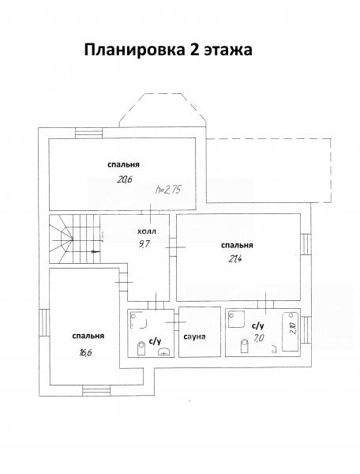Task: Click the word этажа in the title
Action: pyautogui.click(x=228, y=51)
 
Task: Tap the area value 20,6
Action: pyautogui.click(x=125, y=180)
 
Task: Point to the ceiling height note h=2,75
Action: pyautogui.click(x=168, y=190)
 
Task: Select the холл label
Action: pyautogui.click(x=147, y=231)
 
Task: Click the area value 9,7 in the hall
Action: pyautogui.click(x=144, y=243)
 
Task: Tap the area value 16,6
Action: pyautogui.click(x=85, y=352)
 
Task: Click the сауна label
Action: pyautogui.click(x=194, y=337)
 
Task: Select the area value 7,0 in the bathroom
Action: pyautogui.click(x=259, y=337)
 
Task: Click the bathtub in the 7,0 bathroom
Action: pyautogui.click(x=291, y=332)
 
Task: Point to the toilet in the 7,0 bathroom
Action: pyautogui.click(x=244, y=346)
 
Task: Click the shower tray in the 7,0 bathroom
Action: pyautogui.click(x=237, y=320)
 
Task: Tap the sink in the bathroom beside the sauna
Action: pyautogui.click(x=165, y=352)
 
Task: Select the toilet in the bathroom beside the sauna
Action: pyautogui.click(x=141, y=348)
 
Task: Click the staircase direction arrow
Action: pyautogui.click(x=96, y=251)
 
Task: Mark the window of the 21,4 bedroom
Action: pyautogui.click(x=306, y=244)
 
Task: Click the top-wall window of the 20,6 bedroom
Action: pyautogui.click(x=88, y=133)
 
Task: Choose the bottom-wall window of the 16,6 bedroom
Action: pyautogui.click(x=96, y=390)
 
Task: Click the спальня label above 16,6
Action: pyautogui.click(x=88, y=337)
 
